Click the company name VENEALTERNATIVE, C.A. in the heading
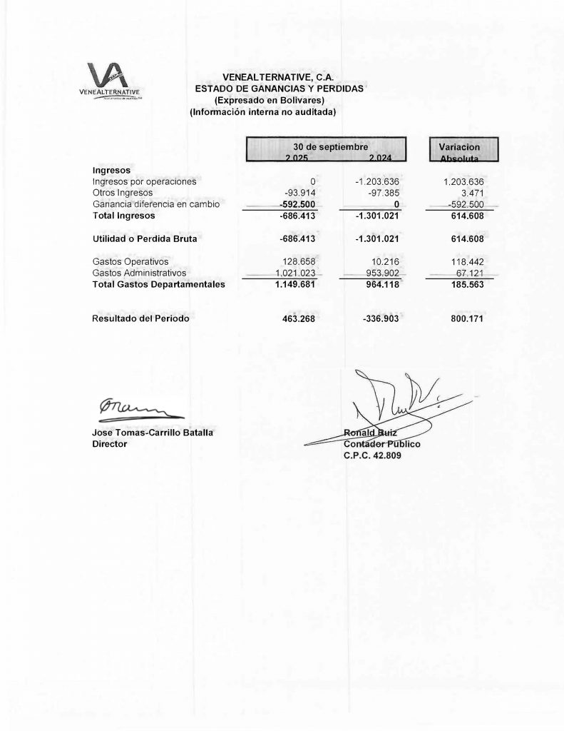pyautogui.click(x=279, y=77)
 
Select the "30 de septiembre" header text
pyautogui.click(x=326, y=146)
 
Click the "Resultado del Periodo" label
pyautogui.click(x=141, y=318)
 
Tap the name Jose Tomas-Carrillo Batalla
pyautogui.click(x=153, y=433)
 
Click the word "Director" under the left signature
pyautogui.click(x=110, y=444)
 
